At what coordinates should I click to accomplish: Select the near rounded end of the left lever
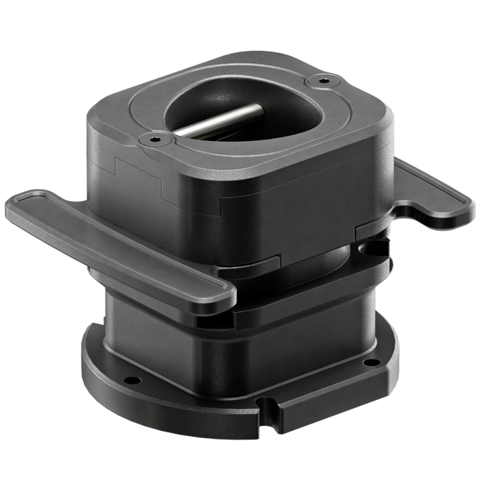[218, 293]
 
